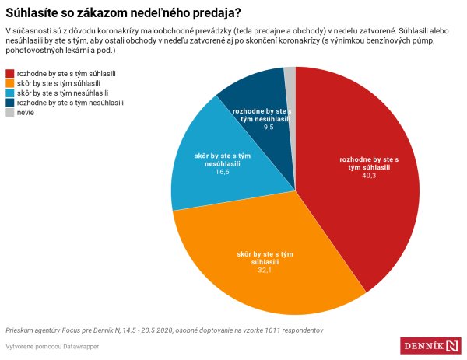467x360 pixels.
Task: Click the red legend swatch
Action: pyautogui.click(x=9, y=72)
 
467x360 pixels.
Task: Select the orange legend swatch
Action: pyautogui.click(x=9, y=82)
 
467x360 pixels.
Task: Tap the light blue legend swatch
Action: pyautogui.click(x=9, y=93)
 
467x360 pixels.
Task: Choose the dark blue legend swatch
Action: pyautogui.click(x=9, y=103)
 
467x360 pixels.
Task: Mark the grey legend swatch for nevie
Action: pyautogui.click(x=9, y=113)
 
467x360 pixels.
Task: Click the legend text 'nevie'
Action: pyautogui.click(x=26, y=113)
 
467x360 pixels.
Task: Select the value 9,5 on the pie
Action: pyautogui.click(x=268, y=126)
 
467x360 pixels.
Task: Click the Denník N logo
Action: pyautogui.click(x=431, y=345)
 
